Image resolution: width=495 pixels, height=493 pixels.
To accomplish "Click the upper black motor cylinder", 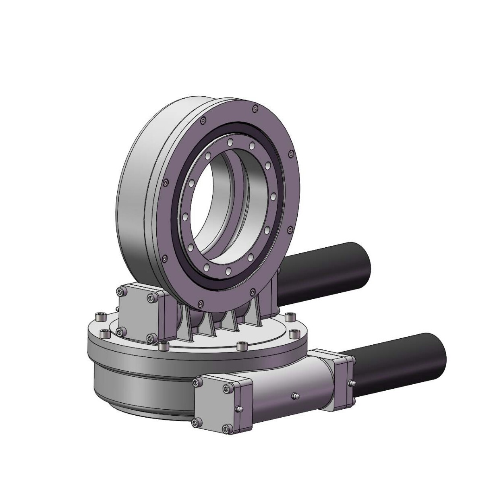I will [330, 274].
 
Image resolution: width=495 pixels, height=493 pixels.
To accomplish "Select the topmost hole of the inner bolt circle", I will [230, 142].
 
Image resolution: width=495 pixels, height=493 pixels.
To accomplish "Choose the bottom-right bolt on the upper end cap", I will [151, 338].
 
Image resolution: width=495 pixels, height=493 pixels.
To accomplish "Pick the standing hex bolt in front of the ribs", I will [242, 346].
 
